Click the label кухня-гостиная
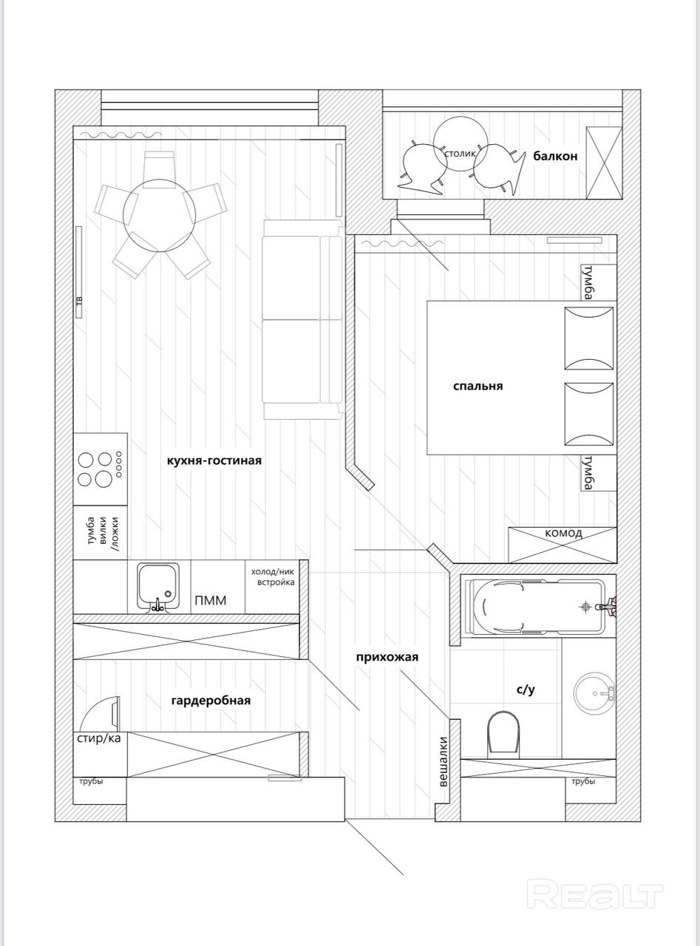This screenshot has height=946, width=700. tap(214, 460)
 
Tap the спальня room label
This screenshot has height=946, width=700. tap(478, 386)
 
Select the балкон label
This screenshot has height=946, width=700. tap(555, 156)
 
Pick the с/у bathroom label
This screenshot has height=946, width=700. tap(525, 690)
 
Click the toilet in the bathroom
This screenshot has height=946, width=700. tap(505, 733)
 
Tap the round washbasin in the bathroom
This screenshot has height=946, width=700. tap(594, 693)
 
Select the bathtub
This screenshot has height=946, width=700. tap(537, 608)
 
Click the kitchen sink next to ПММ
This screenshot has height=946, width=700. tap(157, 587)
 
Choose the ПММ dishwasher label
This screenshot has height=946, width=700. tap(211, 600)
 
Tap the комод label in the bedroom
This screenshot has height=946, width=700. tap(563, 533)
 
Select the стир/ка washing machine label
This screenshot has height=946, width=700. tap(98, 738)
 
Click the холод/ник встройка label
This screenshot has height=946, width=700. tap(273, 577)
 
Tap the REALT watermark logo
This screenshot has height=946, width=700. tap(594, 895)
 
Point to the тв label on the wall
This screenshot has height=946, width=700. tap(78, 301)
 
